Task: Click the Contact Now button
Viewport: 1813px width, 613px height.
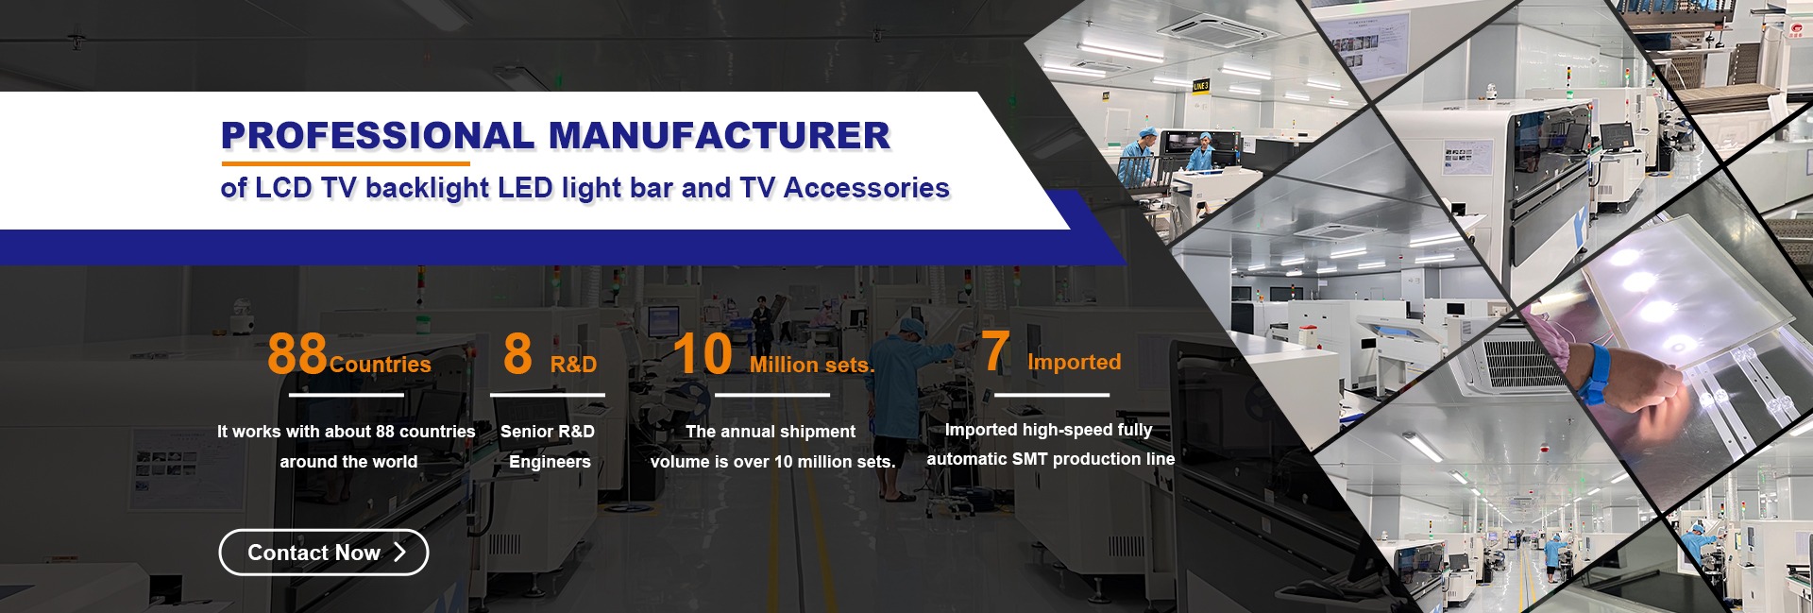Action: coord(324,553)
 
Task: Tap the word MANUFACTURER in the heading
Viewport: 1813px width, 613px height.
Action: coord(720,136)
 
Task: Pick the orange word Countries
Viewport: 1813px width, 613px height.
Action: coord(381,365)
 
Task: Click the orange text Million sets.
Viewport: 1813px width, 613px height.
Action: coord(812,365)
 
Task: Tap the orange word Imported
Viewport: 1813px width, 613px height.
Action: coord(1075,362)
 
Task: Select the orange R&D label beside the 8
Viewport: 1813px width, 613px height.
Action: coord(574,365)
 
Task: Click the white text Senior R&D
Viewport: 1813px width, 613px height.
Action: coord(548,432)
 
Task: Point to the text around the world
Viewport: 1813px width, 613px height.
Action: coord(348,462)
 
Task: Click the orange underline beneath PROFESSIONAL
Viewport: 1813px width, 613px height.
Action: coord(346,163)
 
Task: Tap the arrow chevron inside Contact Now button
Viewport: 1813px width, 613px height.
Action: coord(399,553)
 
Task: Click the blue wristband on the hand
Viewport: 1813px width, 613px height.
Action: coord(1597,373)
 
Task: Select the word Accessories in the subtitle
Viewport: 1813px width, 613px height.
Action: coord(867,188)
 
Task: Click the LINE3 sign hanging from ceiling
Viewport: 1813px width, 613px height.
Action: coord(1200,86)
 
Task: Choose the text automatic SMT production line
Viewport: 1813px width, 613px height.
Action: coord(1051,459)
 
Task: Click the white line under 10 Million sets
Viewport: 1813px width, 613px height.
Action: coord(772,395)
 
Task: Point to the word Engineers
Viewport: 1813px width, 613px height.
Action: coord(550,462)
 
